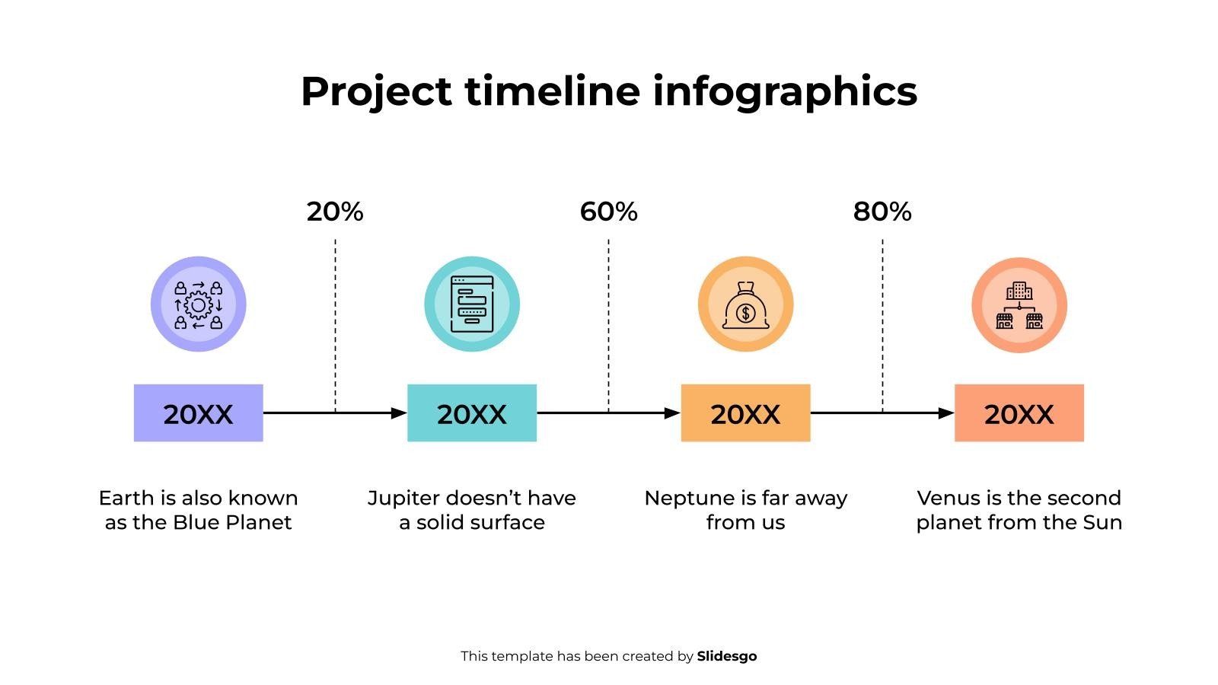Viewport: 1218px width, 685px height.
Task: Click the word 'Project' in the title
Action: coord(376,91)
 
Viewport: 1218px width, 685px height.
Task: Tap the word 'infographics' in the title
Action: coord(785,91)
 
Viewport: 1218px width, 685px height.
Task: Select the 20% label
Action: coord(335,212)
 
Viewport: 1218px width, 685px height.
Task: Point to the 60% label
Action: coord(608,212)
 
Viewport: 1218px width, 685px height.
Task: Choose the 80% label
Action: coord(882,212)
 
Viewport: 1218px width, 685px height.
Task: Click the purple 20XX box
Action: coord(198,413)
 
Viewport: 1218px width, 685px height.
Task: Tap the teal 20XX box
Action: coord(472,413)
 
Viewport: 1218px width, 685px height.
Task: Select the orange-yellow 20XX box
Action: coord(745,413)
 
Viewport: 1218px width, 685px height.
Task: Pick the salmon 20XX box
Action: coord(1019,413)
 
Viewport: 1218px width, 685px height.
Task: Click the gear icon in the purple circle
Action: coord(198,304)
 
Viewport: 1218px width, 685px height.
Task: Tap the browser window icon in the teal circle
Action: coord(472,304)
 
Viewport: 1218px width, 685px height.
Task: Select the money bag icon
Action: coord(745,305)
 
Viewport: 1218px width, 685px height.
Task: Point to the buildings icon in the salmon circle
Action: coord(1019,305)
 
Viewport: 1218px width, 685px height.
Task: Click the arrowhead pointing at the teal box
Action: coord(399,413)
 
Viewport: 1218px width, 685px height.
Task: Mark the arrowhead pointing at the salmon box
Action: coord(946,413)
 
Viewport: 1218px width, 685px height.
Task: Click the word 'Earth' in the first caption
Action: coord(126,499)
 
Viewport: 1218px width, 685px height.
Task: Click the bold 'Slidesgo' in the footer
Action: coord(726,656)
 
